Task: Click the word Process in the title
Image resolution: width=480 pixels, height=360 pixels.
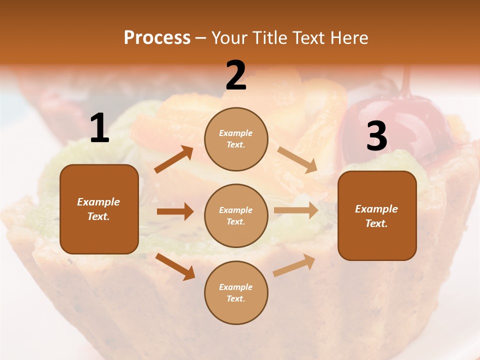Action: (x=157, y=38)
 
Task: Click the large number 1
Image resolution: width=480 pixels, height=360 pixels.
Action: (x=99, y=129)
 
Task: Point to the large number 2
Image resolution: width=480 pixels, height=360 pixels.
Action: (x=236, y=76)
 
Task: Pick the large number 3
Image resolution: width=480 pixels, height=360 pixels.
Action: (x=376, y=136)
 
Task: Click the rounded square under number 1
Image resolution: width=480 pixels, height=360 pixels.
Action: (x=99, y=209)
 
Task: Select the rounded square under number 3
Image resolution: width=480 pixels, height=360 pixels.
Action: (x=377, y=215)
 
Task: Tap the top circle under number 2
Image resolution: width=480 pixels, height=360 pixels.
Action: (x=236, y=139)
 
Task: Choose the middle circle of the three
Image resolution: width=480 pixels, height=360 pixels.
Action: (x=236, y=215)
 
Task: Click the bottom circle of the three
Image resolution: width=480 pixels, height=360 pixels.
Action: (x=236, y=292)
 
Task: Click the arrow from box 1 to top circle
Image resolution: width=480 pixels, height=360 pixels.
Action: (x=174, y=159)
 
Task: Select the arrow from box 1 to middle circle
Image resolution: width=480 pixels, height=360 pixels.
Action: (x=175, y=211)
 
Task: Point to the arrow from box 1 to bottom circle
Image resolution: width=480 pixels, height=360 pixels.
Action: (x=175, y=266)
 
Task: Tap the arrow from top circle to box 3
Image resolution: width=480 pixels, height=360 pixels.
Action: (x=297, y=159)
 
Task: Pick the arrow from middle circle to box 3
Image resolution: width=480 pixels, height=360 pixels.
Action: (x=296, y=210)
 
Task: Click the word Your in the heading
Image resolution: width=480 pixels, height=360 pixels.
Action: (x=229, y=38)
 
